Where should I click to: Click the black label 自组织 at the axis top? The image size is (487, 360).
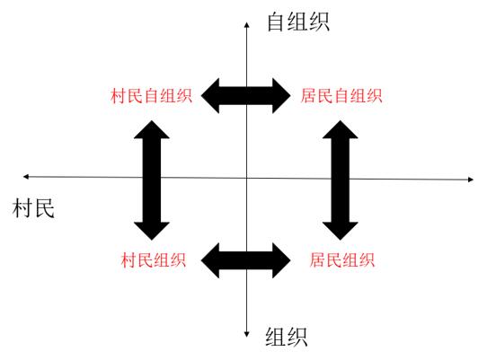pyautogui.click(x=297, y=22)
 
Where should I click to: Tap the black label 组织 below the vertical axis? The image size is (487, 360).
pyautogui.click(x=287, y=337)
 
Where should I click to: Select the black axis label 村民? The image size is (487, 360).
pyautogui.click(x=33, y=208)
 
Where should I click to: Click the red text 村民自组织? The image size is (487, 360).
pyautogui.click(x=151, y=95)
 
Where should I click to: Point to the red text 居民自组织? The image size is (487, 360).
pyautogui.click(x=341, y=95)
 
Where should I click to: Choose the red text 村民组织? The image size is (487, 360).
pyautogui.click(x=154, y=259)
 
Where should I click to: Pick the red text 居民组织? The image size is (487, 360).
pyautogui.click(x=342, y=259)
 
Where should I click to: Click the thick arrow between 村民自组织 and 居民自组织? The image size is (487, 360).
pyautogui.click(x=245, y=95)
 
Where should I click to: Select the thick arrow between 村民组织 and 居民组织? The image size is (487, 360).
pyautogui.click(x=245, y=260)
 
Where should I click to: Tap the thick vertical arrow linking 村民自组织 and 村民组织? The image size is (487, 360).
pyautogui.click(x=152, y=180)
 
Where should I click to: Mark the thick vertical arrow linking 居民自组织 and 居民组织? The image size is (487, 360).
pyautogui.click(x=341, y=180)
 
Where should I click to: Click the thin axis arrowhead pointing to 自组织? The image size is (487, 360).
pyautogui.click(x=246, y=25)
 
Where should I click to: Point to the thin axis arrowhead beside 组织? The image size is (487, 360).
pyautogui.click(x=246, y=335)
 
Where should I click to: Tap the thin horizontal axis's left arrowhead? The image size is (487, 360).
pyautogui.click(x=26, y=177)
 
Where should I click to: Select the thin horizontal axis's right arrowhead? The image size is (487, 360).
pyautogui.click(x=471, y=180)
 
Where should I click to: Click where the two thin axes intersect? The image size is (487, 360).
pyautogui.click(x=246, y=178)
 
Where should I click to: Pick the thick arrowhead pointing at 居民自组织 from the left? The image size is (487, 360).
pyautogui.click(x=282, y=95)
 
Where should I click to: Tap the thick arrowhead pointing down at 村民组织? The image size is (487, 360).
pyautogui.click(x=152, y=232)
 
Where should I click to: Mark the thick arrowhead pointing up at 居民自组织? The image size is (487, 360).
pyautogui.click(x=341, y=129)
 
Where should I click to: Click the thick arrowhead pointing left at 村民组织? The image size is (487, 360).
pyautogui.click(x=210, y=260)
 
